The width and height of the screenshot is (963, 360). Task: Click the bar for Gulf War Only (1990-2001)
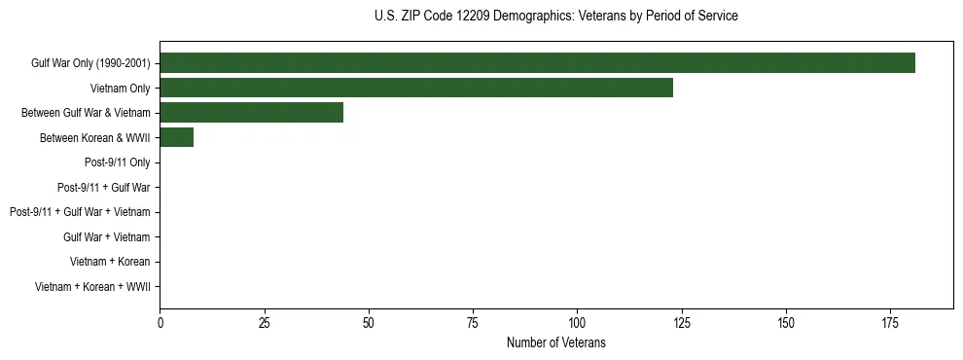[x=537, y=63]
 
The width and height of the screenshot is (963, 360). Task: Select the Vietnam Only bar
[x=416, y=88]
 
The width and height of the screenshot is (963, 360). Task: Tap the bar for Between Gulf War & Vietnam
[x=251, y=113]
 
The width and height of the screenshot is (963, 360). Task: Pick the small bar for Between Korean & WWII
[x=176, y=137]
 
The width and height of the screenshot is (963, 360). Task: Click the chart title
[x=555, y=17]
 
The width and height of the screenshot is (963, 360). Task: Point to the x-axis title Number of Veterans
[x=555, y=342]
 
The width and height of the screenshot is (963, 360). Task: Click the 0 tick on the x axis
[x=160, y=322]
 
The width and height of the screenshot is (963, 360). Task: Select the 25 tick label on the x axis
[x=264, y=322]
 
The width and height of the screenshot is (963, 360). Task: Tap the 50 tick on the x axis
[x=369, y=322]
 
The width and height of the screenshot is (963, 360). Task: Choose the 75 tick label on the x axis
[x=473, y=322]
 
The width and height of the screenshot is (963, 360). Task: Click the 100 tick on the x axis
[x=577, y=322]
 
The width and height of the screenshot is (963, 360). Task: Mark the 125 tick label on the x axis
[x=681, y=322]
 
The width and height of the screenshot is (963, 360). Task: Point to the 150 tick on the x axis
[x=786, y=322]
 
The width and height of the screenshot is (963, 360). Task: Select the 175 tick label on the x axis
[x=890, y=322]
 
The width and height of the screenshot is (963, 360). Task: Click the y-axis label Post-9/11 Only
[x=119, y=162]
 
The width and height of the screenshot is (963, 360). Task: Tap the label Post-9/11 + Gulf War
[x=103, y=187]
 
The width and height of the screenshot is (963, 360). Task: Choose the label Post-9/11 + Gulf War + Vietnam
[x=80, y=212]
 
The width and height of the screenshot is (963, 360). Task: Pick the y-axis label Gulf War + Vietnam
[x=106, y=236]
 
